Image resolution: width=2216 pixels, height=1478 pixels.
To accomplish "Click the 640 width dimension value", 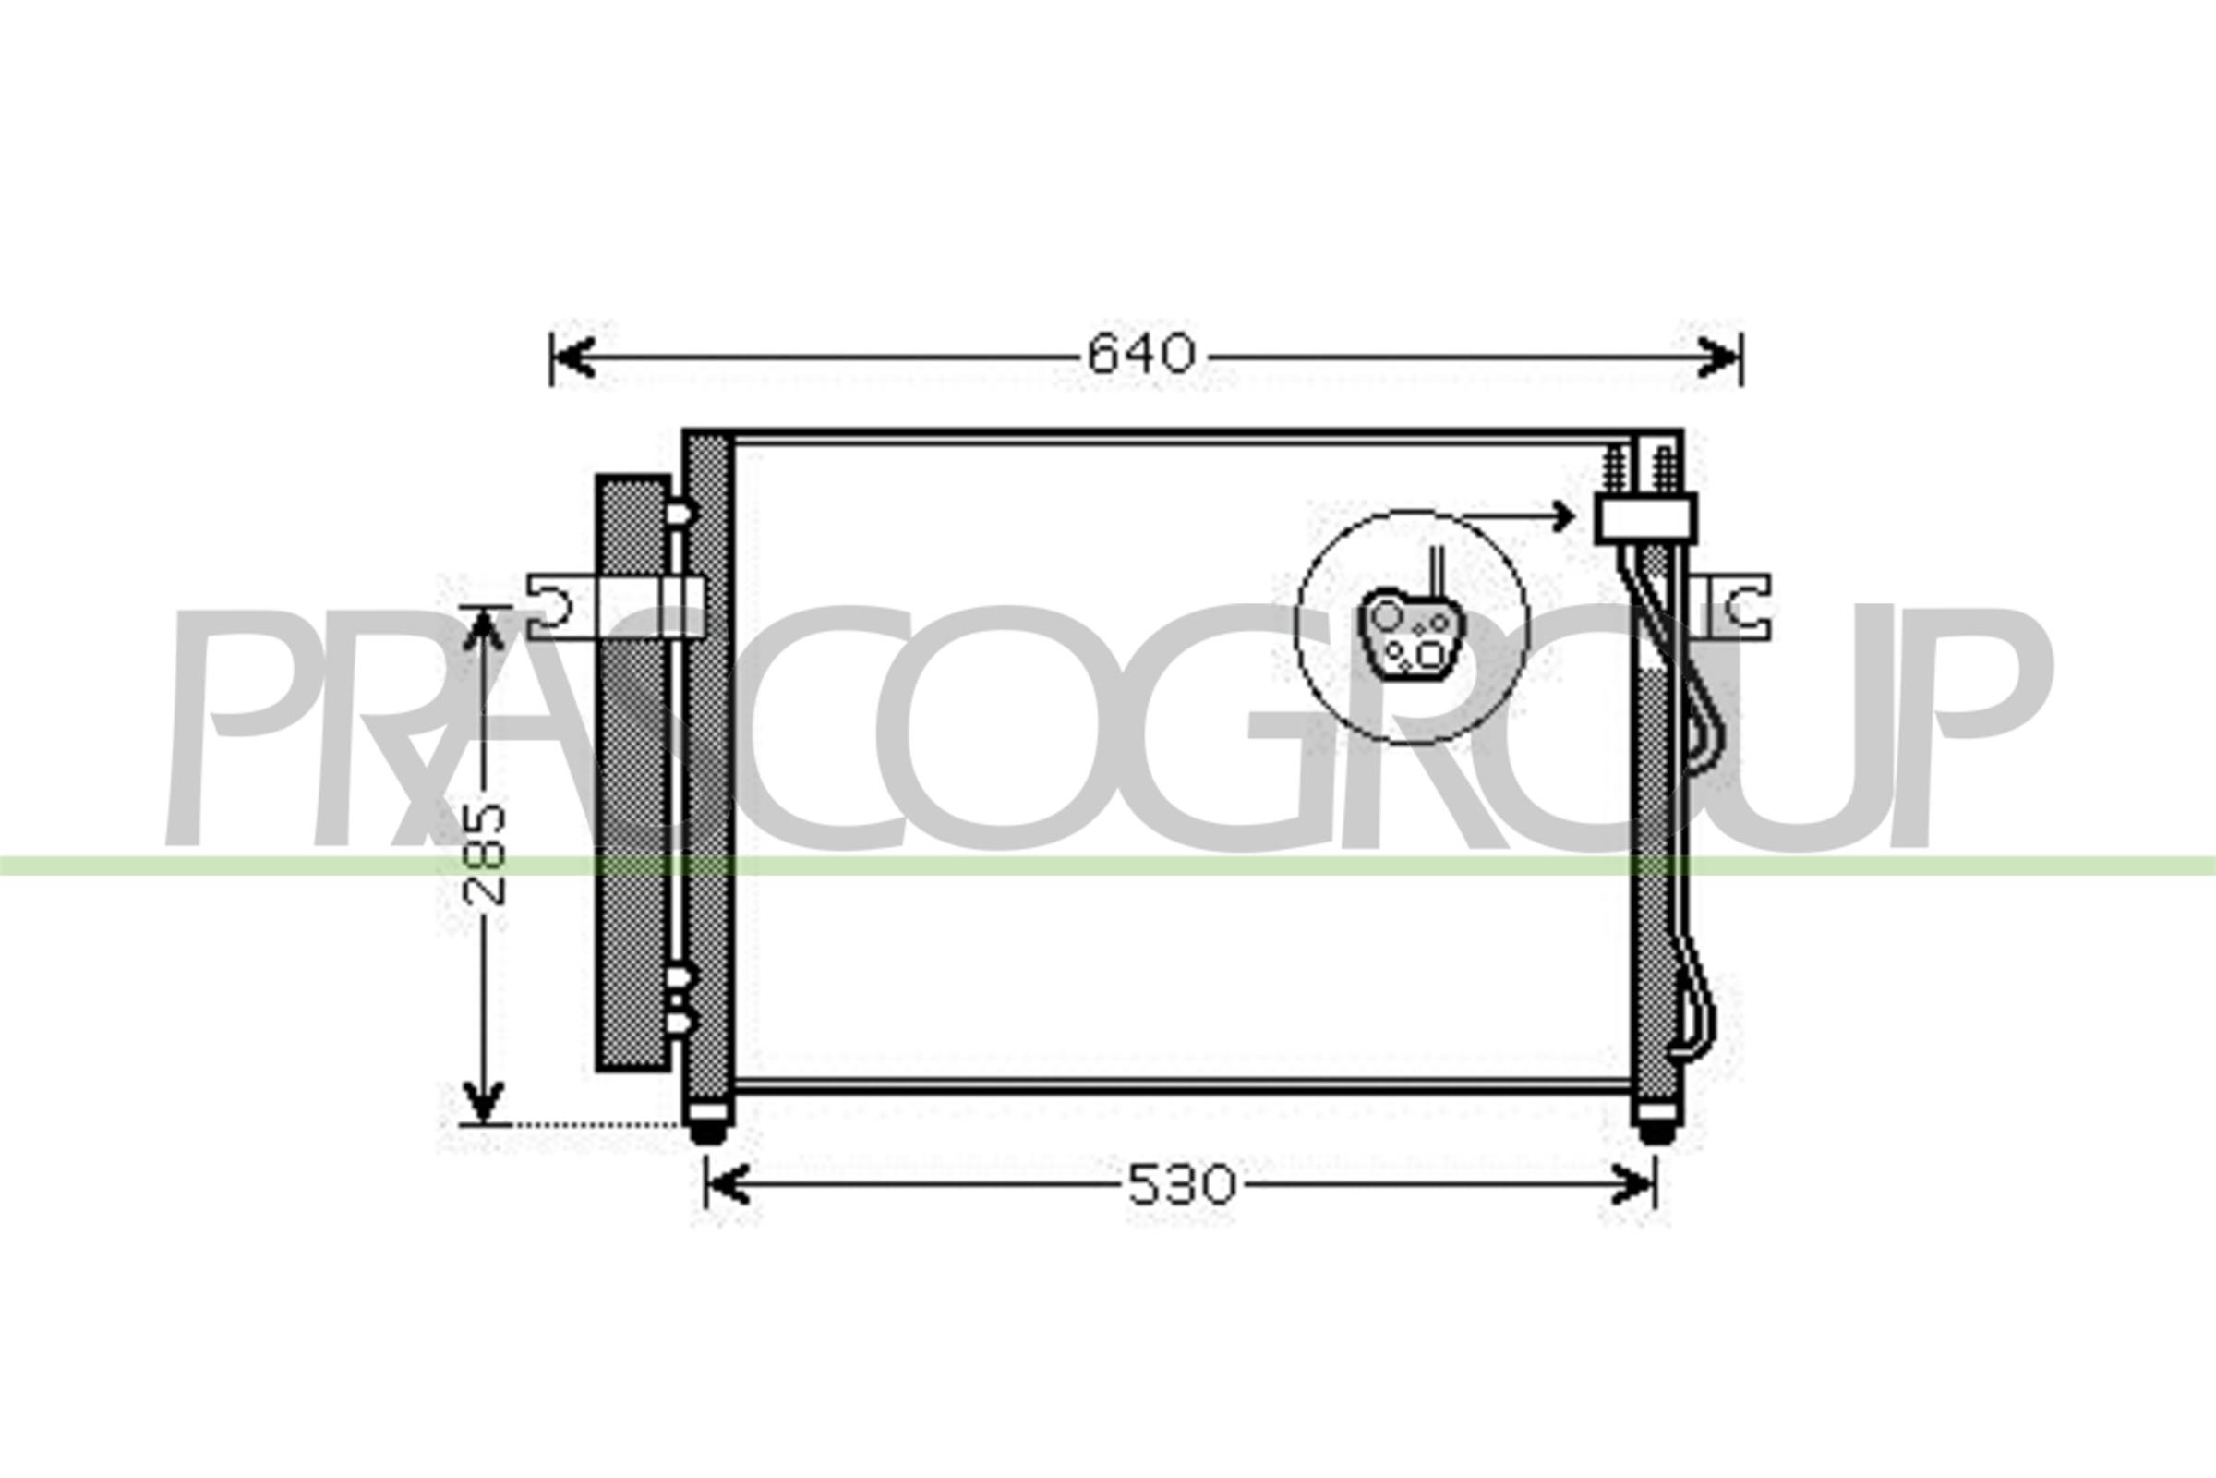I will (x=1141, y=356).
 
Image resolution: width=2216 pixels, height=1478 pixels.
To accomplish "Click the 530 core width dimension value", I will (x=1181, y=1185).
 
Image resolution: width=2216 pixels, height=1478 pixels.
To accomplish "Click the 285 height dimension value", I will (x=487, y=856).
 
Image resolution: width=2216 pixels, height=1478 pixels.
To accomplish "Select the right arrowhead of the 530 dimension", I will (x=1633, y=1185).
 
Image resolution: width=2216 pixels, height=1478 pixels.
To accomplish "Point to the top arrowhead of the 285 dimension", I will (x=483, y=628).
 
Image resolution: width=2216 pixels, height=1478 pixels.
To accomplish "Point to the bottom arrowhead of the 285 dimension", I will (x=483, y=1103).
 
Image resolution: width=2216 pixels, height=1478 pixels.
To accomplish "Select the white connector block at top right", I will (x=1645, y=517).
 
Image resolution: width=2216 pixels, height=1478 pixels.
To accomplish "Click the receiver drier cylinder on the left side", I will (x=632, y=773).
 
